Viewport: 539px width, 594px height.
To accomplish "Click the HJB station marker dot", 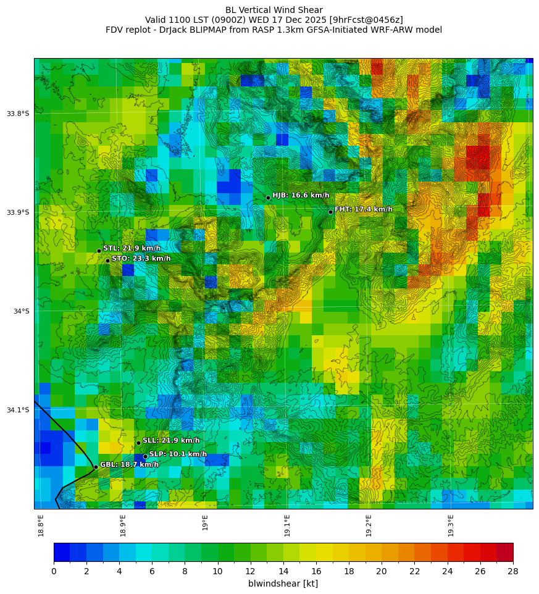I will point(268,198).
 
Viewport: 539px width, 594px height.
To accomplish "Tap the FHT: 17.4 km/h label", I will point(363,209).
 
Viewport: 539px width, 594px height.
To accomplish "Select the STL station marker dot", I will point(99,251).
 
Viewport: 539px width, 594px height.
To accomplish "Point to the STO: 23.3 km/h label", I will point(141,259).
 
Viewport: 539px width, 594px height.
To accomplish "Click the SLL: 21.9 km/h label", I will point(171,440).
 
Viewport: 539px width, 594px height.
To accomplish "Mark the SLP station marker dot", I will point(145,456).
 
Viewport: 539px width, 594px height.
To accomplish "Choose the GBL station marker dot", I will point(96,467).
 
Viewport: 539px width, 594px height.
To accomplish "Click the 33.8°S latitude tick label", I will point(18,114).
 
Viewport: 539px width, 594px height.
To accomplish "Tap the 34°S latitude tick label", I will point(21,311).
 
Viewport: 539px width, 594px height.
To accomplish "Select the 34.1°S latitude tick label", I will point(18,410).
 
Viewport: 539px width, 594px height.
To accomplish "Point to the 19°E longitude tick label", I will point(205,522).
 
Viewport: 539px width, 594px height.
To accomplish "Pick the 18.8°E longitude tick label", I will point(41,525).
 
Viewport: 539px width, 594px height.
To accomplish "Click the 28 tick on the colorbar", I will point(512,571).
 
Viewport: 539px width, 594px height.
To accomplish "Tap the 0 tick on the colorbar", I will point(54,571).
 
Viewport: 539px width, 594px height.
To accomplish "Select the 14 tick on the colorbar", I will point(283,571).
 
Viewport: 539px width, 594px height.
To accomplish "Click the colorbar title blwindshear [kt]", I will point(283,584).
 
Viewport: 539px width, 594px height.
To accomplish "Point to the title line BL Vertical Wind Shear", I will point(274,10).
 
